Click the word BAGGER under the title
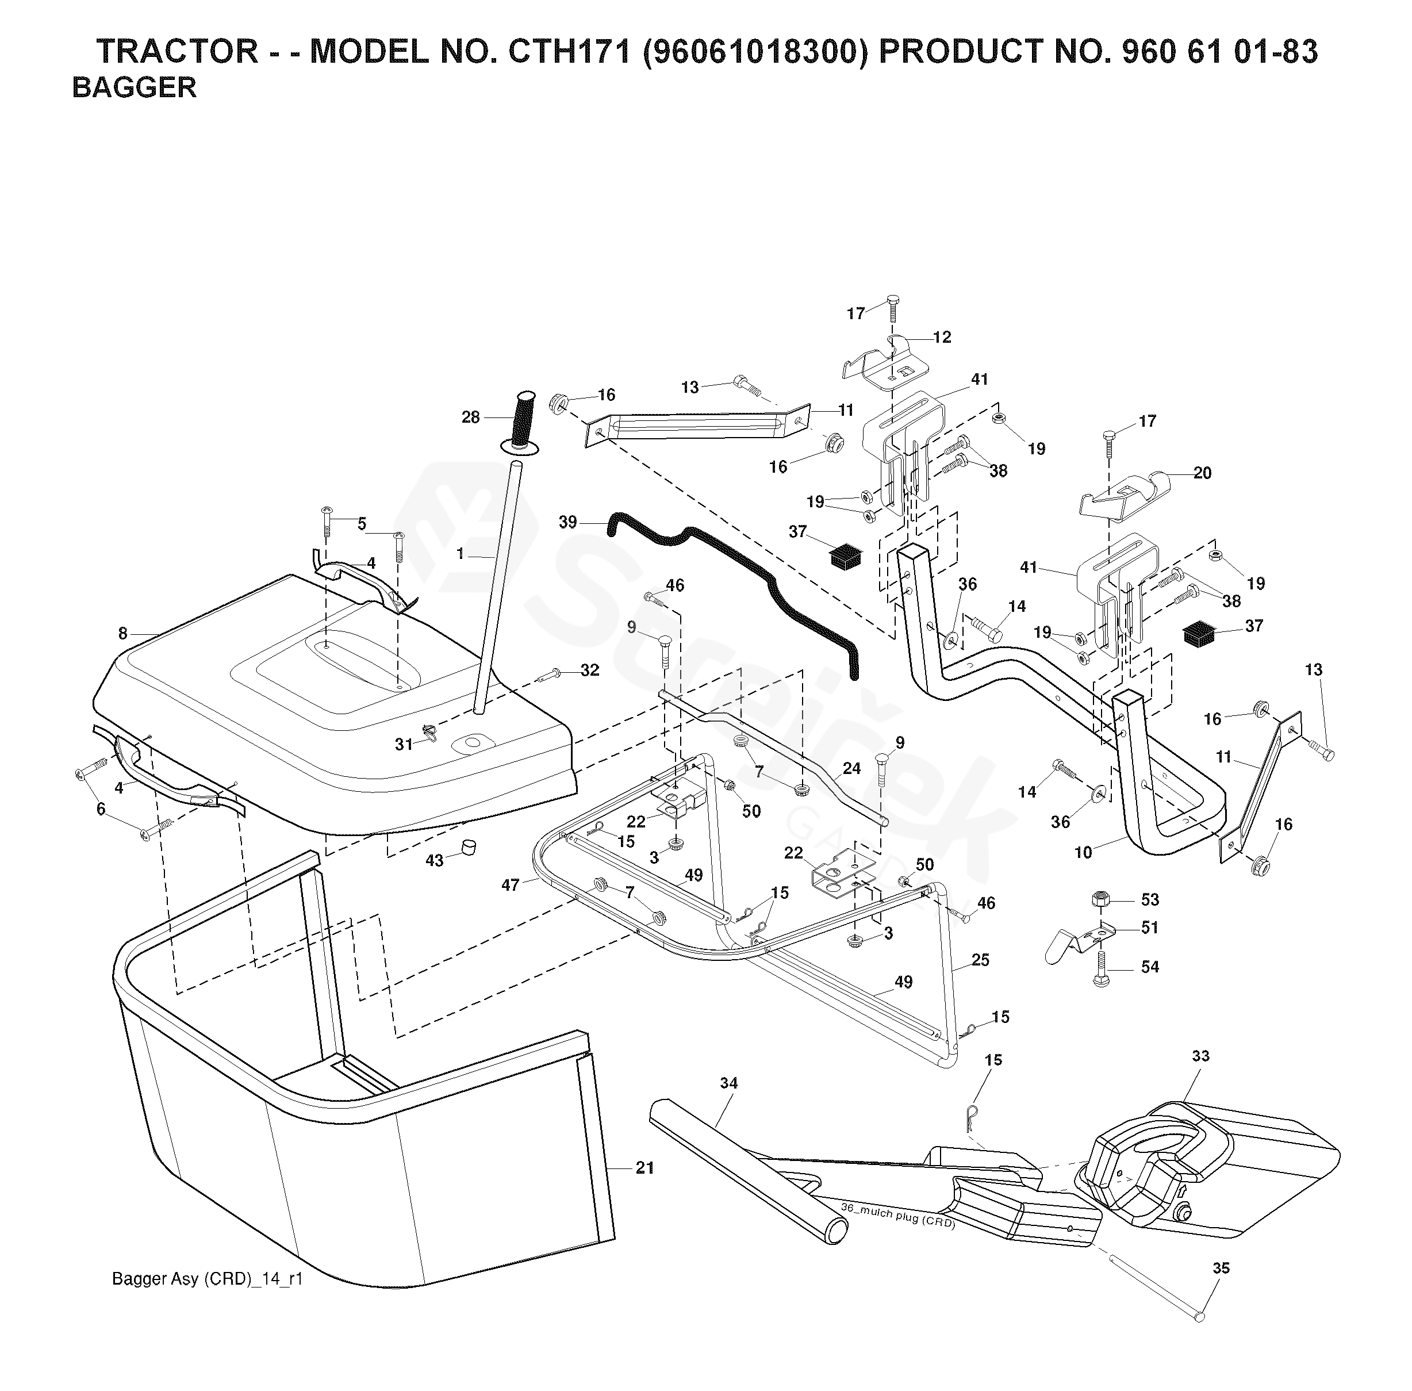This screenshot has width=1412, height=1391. tap(135, 87)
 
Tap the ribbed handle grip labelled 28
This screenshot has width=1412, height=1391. tap(524, 421)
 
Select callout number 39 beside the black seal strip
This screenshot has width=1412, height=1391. tap(567, 522)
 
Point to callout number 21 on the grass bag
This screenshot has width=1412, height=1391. tap(644, 1168)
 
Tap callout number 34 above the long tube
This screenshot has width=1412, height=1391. tap(728, 1083)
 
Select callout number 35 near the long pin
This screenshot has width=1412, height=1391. tap(1221, 1269)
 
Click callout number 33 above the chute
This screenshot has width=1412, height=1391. tap(1200, 1056)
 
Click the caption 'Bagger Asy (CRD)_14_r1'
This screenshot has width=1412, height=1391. tap(208, 1300)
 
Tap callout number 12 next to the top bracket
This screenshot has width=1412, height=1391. tap(942, 337)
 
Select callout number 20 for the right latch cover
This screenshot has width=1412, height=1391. tap(1202, 473)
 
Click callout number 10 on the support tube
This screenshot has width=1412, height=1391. tap(1083, 852)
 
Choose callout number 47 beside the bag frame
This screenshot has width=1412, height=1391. tap(510, 885)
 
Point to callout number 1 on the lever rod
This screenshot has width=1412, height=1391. tap(460, 554)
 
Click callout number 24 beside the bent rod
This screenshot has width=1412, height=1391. tap(851, 769)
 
